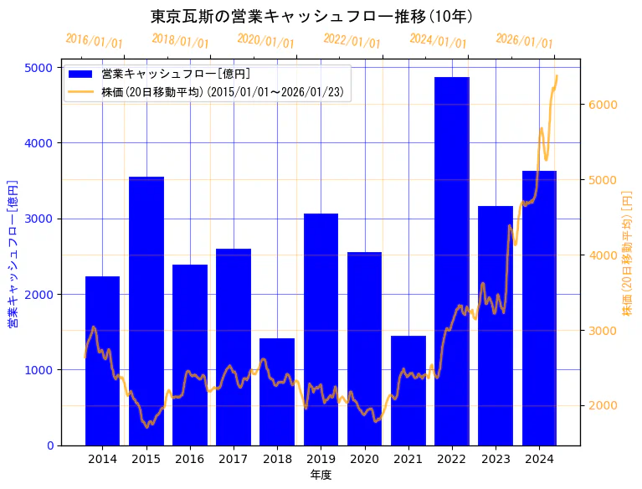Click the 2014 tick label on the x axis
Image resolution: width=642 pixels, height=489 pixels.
(x=102, y=459)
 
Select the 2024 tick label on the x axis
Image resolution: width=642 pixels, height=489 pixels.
(x=539, y=459)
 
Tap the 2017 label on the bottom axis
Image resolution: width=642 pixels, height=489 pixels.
(x=234, y=459)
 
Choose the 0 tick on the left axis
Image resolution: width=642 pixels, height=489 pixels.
(x=49, y=445)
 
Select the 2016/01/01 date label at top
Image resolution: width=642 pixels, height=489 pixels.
(x=95, y=41)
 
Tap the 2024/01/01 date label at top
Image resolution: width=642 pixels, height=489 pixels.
(x=438, y=41)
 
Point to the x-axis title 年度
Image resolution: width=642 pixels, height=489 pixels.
(x=321, y=475)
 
